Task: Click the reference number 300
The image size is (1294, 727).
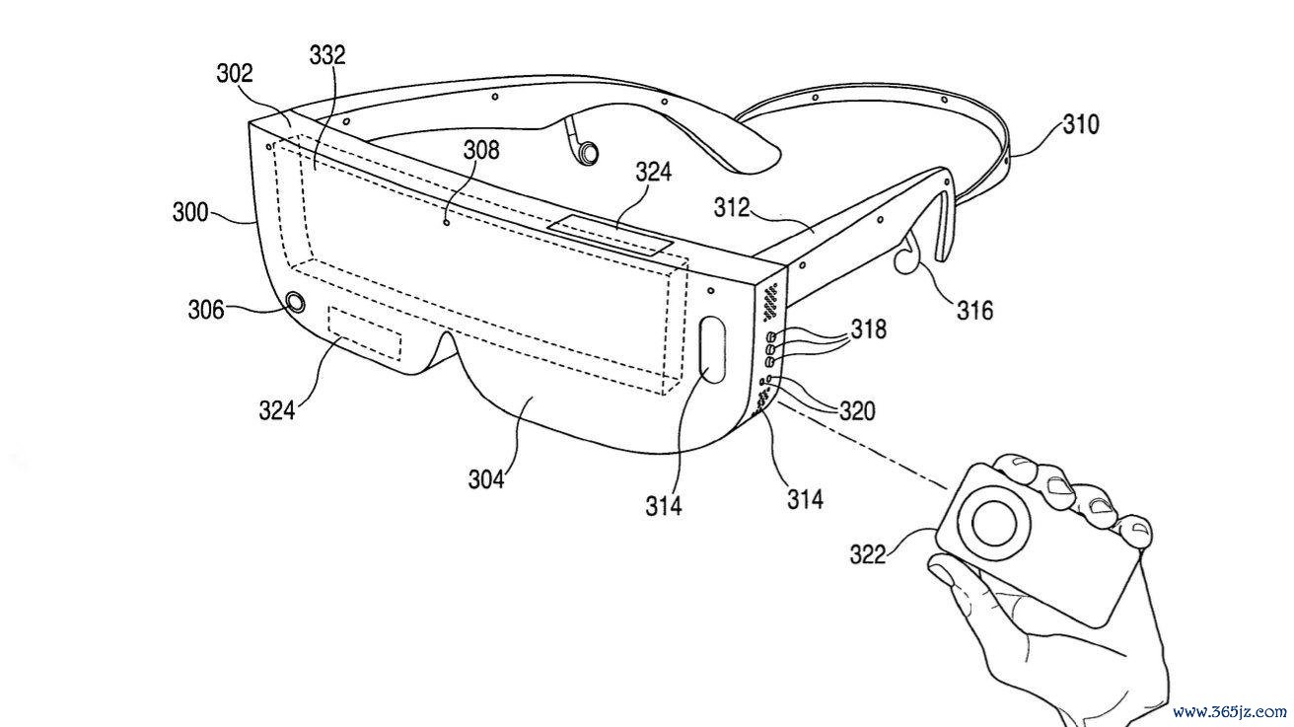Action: click(x=189, y=212)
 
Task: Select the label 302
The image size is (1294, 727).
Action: click(x=235, y=73)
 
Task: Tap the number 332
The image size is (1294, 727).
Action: click(x=327, y=55)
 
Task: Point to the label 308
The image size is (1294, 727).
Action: click(x=481, y=150)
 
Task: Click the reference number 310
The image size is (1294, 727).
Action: click(x=1081, y=125)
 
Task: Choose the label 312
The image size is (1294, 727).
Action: click(x=732, y=208)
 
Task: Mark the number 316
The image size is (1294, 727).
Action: click(x=975, y=311)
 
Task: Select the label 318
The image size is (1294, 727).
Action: click(x=868, y=329)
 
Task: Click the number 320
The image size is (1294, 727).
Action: click(x=857, y=411)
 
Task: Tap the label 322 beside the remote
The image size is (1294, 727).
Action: click(x=867, y=555)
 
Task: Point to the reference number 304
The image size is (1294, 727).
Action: click(x=486, y=479)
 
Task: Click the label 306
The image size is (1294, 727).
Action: click(x=206, y=311)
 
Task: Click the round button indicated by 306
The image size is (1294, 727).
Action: click(x=296, y=302)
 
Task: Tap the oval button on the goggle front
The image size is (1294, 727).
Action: click(x=713, y=349)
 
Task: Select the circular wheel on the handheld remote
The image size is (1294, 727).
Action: click(x=995, y=523)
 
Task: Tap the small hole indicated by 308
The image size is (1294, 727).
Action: click(x=446, y=223)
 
